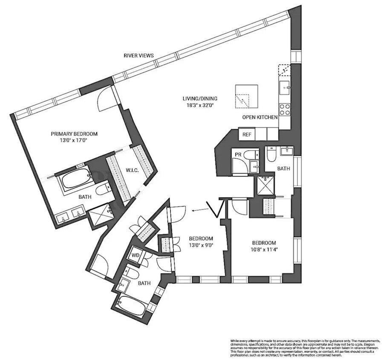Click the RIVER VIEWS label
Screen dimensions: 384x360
(139, 55)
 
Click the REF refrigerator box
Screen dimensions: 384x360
(247, 134)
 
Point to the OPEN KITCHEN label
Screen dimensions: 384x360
(260, 117)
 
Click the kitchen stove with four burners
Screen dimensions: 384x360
(284, 110)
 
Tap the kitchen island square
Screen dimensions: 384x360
(246, 96)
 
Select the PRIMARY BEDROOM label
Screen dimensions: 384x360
(75, 133)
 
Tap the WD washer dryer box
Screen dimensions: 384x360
(136, 255)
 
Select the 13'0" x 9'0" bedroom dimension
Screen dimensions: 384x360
(201, 245)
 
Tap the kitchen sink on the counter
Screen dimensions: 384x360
(285, 88)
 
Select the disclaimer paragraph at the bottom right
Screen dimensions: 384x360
(305, 348)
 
